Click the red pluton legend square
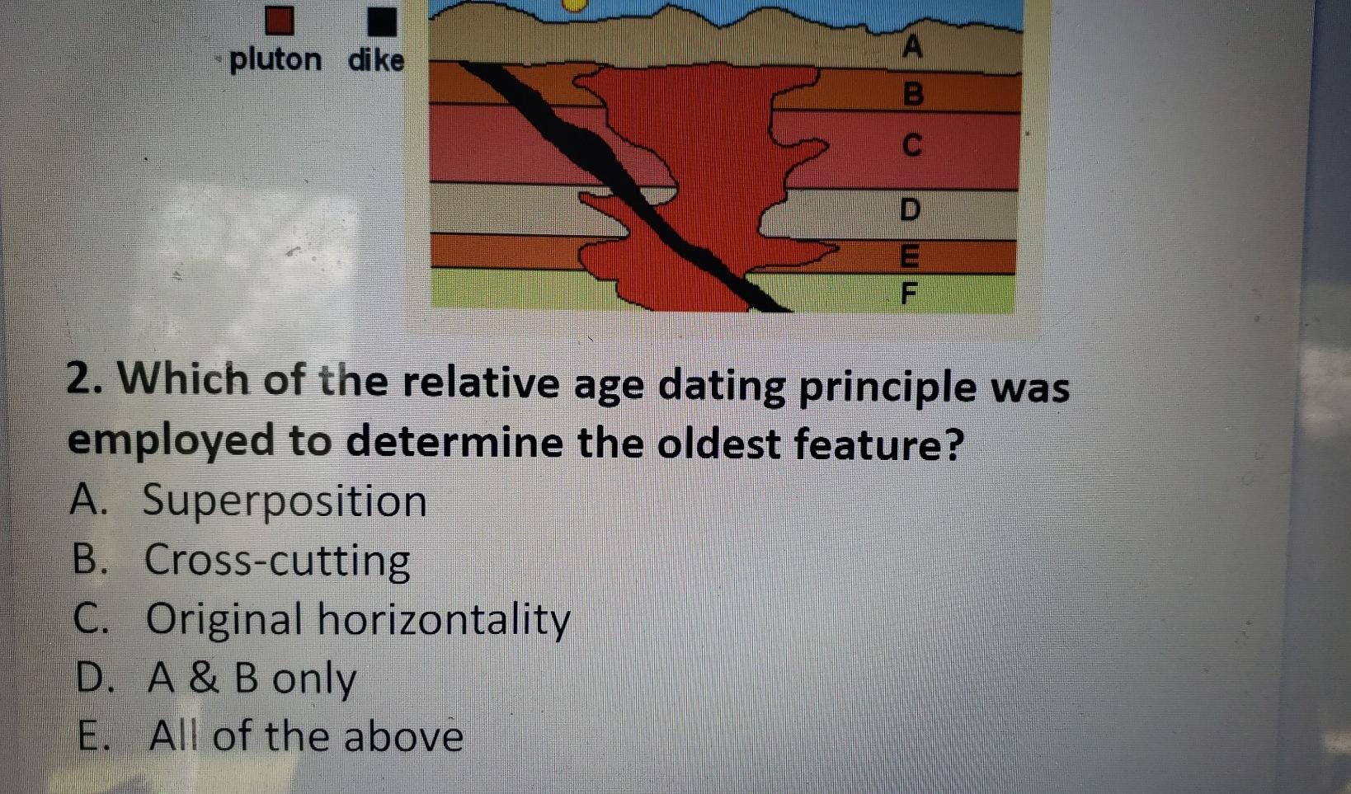pos(279,20)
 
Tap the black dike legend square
pos(381,21)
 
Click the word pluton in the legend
pos(275,59)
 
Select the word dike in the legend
pos(376,60)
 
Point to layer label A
pos(911,46)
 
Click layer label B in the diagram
pos(912,94)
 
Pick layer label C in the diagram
pos(911,145)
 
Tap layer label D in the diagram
pos(909,209)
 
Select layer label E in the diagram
pos(909,256)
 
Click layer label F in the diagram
pos(909,293)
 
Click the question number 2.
pos(82,380)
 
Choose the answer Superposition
pos(285,501)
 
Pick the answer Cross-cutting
pos(277,561)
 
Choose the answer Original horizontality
pos(357,620)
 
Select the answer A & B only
pos(252,679)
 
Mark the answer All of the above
pos(306,736)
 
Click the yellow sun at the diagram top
pos(574,5)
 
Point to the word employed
pos(171,442)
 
